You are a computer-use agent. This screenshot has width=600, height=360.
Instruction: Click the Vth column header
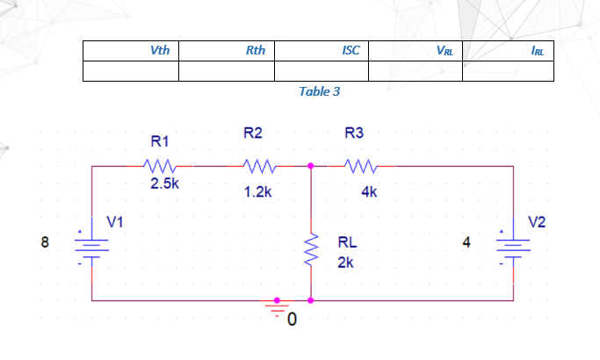click(160, 50)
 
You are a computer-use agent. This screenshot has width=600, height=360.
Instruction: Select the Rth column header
click(256, 50)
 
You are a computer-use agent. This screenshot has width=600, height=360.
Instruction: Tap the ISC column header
click(350, 50)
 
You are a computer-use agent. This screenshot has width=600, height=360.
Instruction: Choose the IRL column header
click(537, 51)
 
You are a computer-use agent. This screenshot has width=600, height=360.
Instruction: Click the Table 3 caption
click(319, 91)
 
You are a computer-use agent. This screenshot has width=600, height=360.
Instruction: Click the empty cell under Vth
click(131, 71)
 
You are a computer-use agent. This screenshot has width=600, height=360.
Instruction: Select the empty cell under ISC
click(321, 71)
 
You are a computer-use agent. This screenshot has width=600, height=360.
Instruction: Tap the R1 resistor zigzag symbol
click(161, 165)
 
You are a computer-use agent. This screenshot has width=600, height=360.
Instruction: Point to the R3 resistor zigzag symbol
click(359, 165)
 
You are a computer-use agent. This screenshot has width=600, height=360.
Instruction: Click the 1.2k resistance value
click(258, 191)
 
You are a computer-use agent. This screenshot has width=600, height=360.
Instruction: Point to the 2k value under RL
click(345, 262)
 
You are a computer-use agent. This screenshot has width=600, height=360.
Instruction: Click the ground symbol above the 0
click(278, 307)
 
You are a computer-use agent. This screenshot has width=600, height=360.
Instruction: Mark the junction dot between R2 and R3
click(311, 165)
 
